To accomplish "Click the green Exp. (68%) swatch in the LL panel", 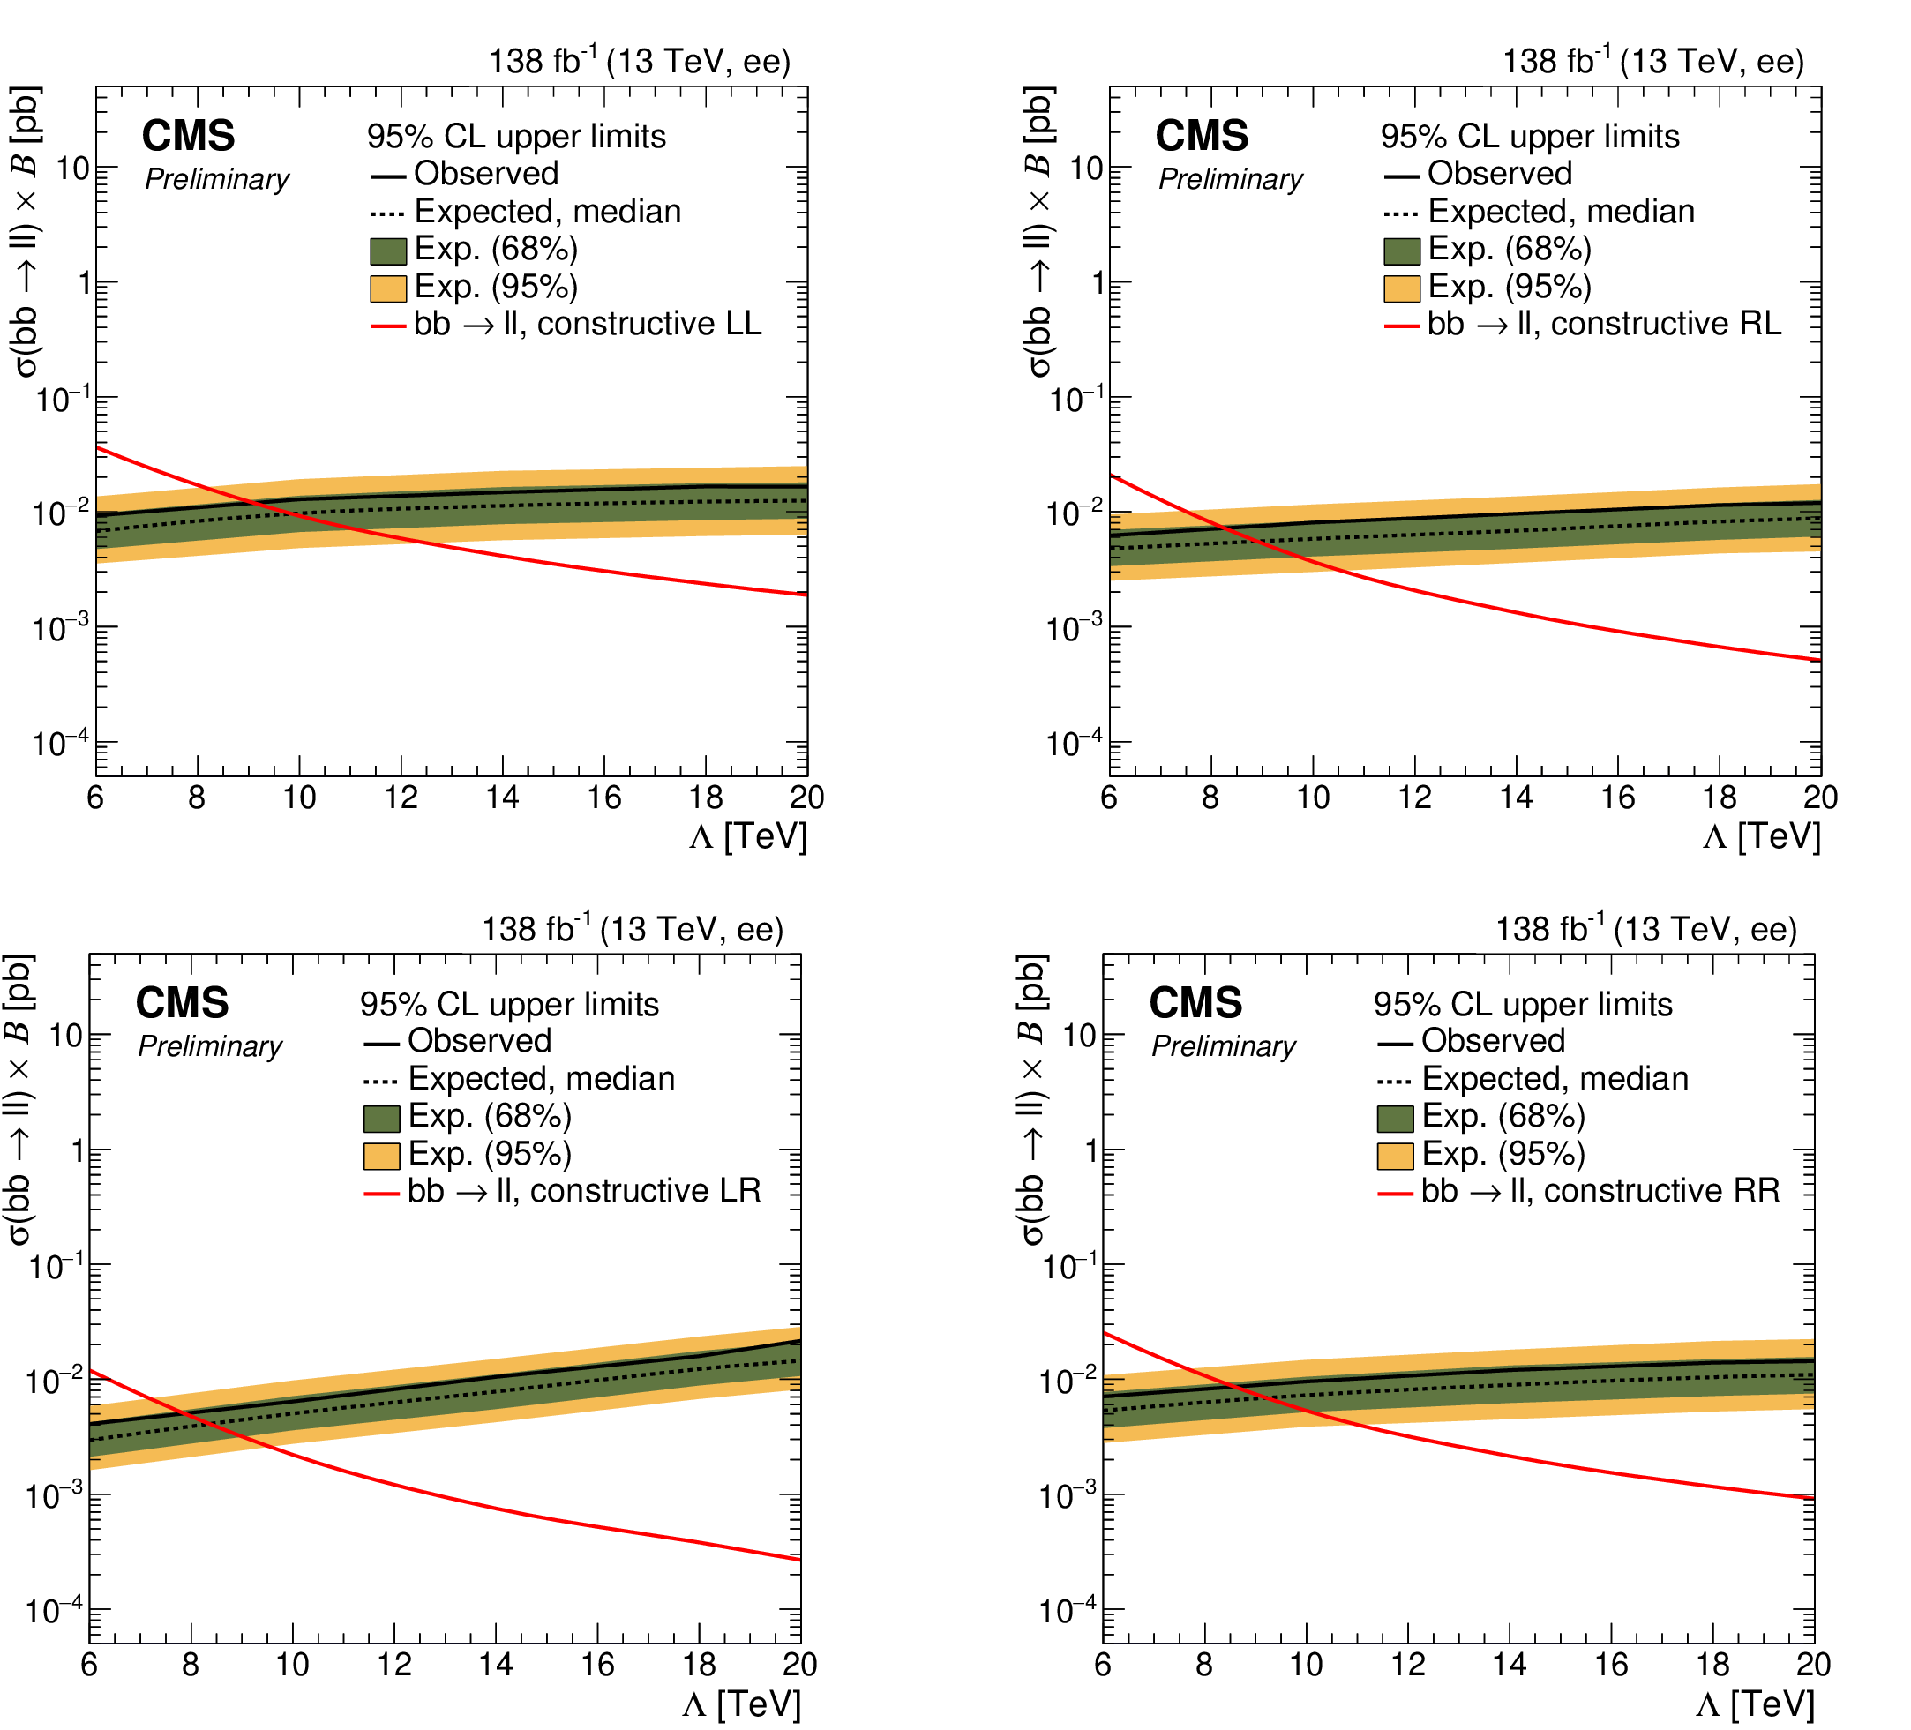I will pos(387,251).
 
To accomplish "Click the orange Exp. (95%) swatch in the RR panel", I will pos(1396,1157).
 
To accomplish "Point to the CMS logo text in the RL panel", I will pos(1202,137).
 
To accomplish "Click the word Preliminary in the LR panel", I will pos(211,1046).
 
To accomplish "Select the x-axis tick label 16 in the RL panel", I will pos(1618,798).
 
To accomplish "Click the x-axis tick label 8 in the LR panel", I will pos(191,1666).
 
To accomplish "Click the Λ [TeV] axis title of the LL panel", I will pos(749,838).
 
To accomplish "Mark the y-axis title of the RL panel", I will pos(1040,232).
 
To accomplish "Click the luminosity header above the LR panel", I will pos(633,930).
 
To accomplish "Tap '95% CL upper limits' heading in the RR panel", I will pos(1524,1005).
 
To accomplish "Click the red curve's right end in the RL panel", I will pos(1819,661).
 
